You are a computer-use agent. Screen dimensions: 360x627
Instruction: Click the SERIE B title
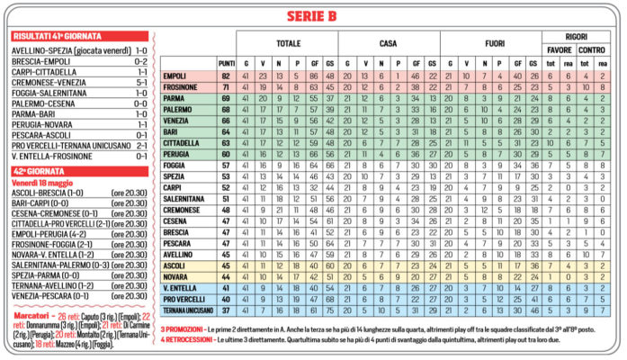313,15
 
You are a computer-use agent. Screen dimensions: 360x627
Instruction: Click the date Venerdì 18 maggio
42,182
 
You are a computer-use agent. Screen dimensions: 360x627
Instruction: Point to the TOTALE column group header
288,42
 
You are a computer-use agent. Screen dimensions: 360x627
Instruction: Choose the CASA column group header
389,42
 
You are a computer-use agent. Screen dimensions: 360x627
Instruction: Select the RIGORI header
576,36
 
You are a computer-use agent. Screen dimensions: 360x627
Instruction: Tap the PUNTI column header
227,62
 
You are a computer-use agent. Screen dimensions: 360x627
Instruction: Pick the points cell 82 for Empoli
227,77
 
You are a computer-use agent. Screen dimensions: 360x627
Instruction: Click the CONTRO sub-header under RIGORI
591,50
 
